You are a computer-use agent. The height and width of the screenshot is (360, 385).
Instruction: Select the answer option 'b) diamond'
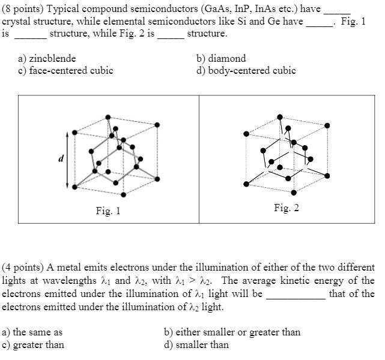click(221, 59)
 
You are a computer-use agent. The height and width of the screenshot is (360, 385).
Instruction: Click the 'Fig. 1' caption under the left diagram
click(108, 211)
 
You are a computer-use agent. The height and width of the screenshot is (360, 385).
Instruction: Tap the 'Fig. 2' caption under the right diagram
click(286, 208)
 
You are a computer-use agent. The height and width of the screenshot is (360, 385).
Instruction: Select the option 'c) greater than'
click(33, 344)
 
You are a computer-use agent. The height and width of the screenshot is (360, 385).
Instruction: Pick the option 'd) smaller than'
click(196, 344)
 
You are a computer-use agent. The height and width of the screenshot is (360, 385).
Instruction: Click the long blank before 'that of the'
click(296, 295)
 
